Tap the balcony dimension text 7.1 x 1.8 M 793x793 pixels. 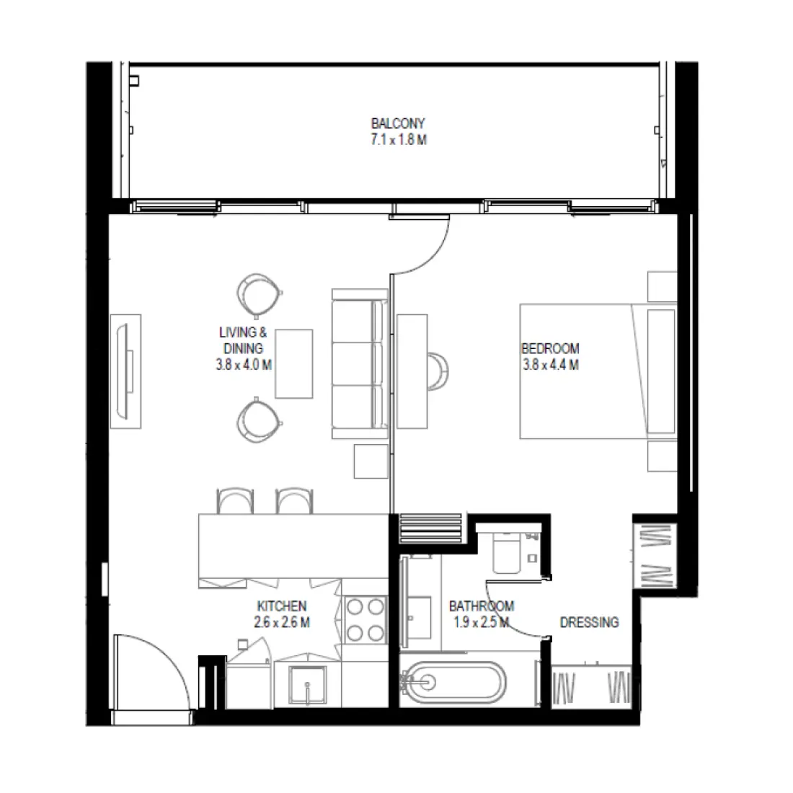398,140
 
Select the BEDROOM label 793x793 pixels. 550,349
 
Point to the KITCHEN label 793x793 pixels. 282,606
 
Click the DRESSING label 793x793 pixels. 589,621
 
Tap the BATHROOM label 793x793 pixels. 481,606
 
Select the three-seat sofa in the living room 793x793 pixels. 358,364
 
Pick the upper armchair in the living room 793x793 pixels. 257,293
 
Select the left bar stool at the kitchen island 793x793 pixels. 236,500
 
